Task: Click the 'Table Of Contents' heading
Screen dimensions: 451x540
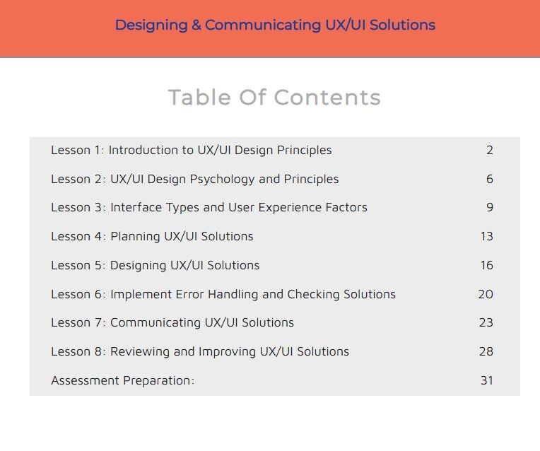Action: (274, 98)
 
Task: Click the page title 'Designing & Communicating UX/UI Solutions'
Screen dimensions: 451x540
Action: (275, 25)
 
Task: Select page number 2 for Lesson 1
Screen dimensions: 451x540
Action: (489, 150)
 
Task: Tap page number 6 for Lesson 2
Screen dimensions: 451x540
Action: (489, 179)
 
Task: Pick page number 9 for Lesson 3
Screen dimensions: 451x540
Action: (489, 208)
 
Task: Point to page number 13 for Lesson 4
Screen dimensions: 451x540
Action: (486, 236)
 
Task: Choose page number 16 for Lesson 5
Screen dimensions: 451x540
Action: (486, 265)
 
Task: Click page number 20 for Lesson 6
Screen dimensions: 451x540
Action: (486, 294)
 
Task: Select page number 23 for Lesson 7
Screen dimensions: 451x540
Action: (486, 322)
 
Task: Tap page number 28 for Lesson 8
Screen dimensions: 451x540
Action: (486, 351)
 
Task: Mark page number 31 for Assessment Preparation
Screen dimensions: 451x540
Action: (486, 380)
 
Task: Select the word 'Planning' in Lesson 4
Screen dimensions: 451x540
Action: (135, 237)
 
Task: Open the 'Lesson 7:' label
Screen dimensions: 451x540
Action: (78, 322)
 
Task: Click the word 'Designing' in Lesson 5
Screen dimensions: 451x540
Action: (139, 266)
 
